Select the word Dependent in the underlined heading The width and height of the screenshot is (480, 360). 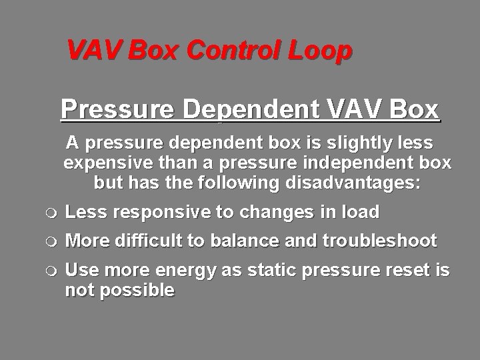(x=252, y=109)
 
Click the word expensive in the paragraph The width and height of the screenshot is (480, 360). (x=113, y=163)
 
